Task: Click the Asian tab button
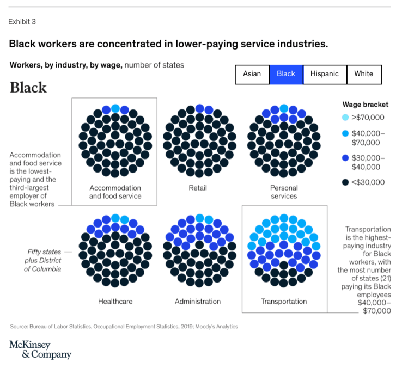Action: pyautogui.click(x=252, y=75)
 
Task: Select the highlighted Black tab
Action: pyautogui.click(x=286, y=75)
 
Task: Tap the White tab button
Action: pyautogui.click(x=364, y=75)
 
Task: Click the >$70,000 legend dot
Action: pyautogui.click(x=345, y=118)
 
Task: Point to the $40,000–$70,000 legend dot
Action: pyautogui.click(x=345, y=134)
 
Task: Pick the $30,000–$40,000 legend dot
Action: pyautogui.click(x=345, y=158)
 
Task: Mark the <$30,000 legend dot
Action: pyautogui.click(x=345, y=182)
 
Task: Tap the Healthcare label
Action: pyautogui.click(x=115, y=301)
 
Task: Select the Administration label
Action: pyautogui.click(x=198, y=301)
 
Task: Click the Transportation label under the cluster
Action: pyautogui.click(x=284, y=301)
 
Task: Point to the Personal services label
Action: pyautogui.click(x=284, y=192)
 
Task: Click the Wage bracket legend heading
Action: pyautogui.click(x=366, y=104)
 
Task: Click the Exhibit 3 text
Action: pyautogui.click(x=22, y=22)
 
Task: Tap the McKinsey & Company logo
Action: pyautogui.click(x=40, y=350)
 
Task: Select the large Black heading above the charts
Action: pyautogui.click(x=28, y=88)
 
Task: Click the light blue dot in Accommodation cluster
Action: pyautogui.click(x=115, y=108)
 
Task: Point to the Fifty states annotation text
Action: pyautogui.click(x=45, y=260)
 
